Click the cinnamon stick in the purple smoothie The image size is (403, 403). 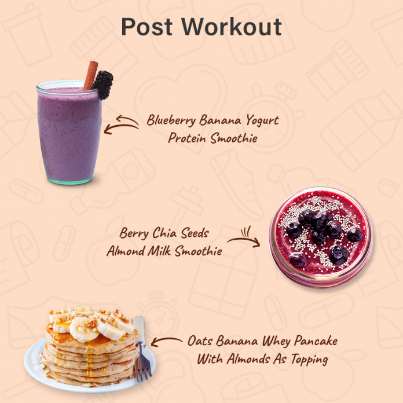(90, 75)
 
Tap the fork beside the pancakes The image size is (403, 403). (141, 347)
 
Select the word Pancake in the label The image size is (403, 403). (317, 341)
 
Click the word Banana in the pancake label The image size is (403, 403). (239, 341)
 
